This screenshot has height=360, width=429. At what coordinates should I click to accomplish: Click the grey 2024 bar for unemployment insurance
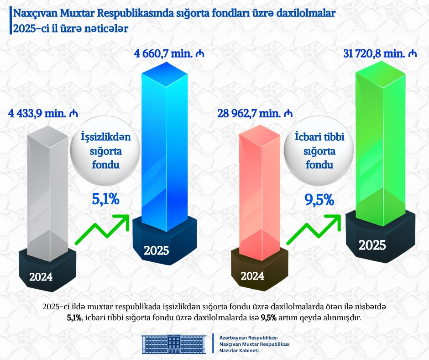point(47,192)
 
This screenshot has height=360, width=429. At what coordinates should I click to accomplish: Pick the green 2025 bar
point(379,137)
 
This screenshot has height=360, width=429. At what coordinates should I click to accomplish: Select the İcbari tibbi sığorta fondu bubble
point(319,151)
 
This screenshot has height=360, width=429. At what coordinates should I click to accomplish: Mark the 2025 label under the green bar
point(372,245)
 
